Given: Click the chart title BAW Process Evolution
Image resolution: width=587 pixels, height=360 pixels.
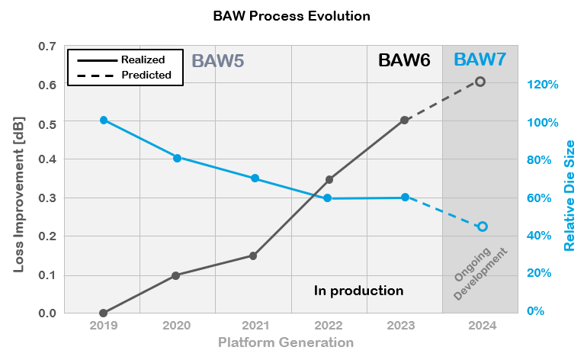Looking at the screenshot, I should [293, 15].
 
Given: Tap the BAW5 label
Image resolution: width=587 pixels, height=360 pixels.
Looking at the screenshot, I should [217, 61].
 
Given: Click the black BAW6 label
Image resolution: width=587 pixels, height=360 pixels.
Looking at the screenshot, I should [405, 61].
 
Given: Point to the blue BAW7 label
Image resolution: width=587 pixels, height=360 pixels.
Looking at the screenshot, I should [480, 60].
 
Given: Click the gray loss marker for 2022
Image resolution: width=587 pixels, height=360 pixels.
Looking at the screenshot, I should [329, 180].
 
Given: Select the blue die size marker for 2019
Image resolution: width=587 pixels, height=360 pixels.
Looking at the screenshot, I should [103, 121].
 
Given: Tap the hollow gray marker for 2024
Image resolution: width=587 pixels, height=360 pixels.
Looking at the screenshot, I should [480, 82].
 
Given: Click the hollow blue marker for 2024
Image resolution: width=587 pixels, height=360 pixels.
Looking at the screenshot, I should [483, 227].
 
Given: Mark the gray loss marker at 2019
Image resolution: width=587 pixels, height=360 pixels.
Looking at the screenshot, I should [103, 313].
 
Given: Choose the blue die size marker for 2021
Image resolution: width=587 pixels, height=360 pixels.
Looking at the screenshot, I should [255, 178].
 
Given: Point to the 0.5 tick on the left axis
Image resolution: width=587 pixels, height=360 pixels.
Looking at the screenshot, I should [47, 122].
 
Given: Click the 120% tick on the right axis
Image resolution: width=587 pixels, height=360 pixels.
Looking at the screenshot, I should [544, 85].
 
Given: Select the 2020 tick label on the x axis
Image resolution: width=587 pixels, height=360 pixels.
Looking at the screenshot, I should [177, 326].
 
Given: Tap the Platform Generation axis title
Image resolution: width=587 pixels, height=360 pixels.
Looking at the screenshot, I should [286, 342].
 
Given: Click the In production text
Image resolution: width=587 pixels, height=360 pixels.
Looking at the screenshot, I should [358, 291].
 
